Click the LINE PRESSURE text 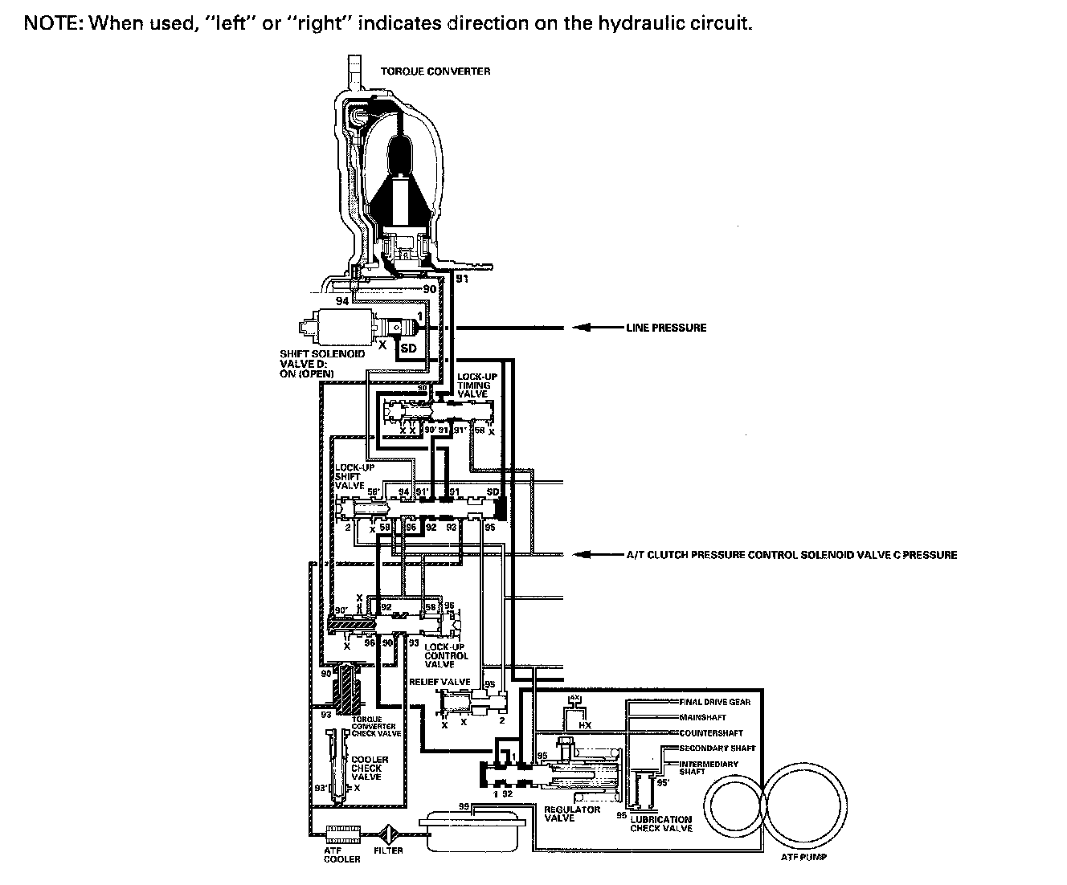666,328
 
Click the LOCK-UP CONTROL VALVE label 446,655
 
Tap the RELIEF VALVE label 439,682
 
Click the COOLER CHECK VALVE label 370,768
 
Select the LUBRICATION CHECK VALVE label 661,824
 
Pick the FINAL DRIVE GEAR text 714,702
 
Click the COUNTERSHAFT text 711,732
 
